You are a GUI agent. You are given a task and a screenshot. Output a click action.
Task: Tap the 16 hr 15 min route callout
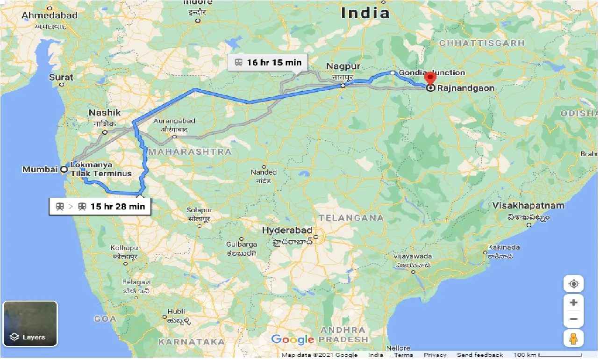(x=267, y=62)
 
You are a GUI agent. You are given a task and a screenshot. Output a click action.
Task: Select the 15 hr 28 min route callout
(x=100, y=206)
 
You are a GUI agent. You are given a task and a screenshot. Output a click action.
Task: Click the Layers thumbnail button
(x=30, y=324)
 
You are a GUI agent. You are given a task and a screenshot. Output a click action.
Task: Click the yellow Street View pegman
(x=573, y=338)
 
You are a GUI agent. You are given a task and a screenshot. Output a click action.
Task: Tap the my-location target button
(x=573, y=284)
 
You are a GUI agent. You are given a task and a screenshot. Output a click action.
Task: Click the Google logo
(x=293, y=339)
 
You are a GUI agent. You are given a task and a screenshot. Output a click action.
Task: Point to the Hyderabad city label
(x=287, y=230)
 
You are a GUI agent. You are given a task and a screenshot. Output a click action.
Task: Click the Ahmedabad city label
(x=50, y=15)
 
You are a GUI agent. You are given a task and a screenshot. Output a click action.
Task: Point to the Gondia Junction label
(x=432, y=72)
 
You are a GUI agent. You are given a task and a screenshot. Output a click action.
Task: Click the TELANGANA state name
(x=350, y=217)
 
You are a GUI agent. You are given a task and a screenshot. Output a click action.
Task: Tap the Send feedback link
(x=480, y=355)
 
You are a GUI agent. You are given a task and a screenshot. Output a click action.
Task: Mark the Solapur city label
(x=200, y=210)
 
